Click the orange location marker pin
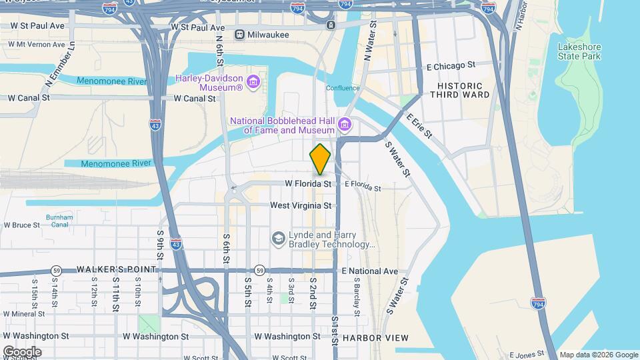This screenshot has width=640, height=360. click(320, 159)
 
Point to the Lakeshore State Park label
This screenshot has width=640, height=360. click(579, 51)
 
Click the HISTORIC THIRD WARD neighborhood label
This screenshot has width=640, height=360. click(463, 90)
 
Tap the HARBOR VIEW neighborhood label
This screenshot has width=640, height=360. click(375, 338)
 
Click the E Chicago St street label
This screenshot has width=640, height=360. click(451, 65)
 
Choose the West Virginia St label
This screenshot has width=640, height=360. click(301, 206)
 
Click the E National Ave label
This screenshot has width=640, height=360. click(369, 271)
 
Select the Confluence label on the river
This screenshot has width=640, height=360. click(343, 88)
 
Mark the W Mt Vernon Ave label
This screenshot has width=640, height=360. click(37, 45)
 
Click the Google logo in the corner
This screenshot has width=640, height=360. click(21, 351)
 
